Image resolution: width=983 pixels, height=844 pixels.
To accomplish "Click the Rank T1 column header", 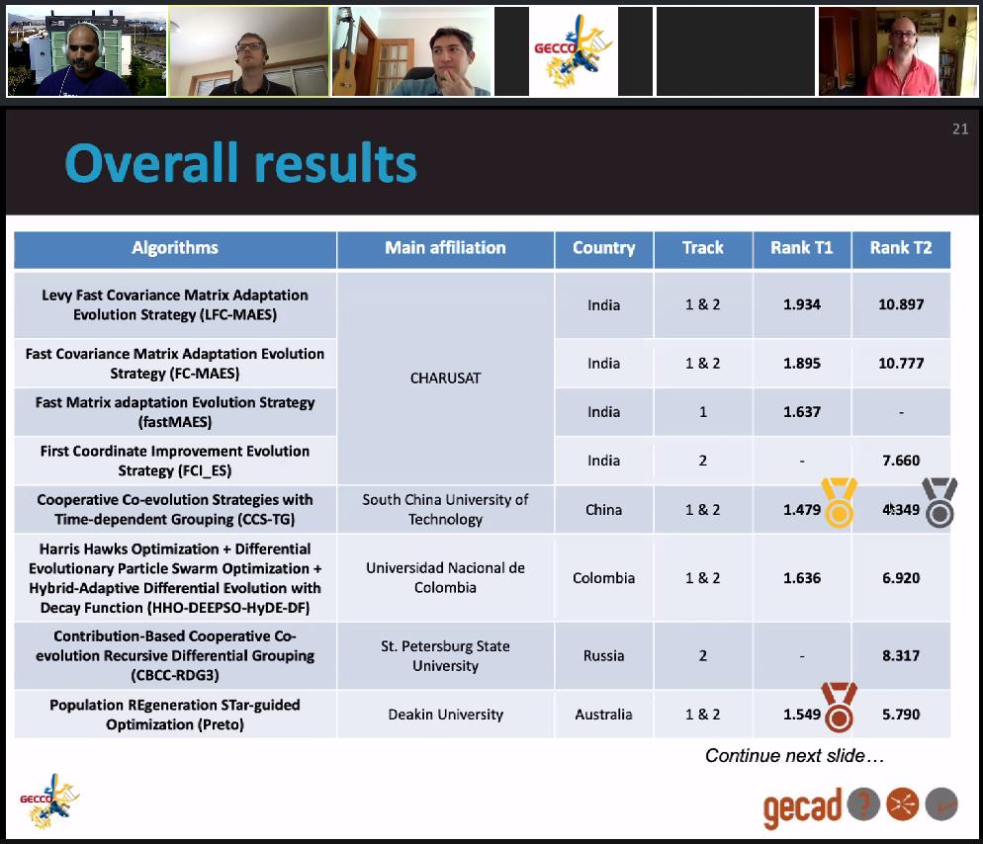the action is (802, 248).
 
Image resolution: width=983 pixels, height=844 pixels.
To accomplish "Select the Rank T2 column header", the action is (901, 248).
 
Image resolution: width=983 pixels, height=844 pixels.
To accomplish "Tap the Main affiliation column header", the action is (445, 248).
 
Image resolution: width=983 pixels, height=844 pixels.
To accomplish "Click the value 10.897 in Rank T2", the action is (901, 304).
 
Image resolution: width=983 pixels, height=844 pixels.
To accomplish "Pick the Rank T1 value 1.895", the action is (802, 364).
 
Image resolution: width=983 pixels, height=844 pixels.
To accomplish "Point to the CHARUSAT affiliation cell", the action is (445, 379).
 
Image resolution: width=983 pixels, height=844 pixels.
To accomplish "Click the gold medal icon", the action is (840, 502).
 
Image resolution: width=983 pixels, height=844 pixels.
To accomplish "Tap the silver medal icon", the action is (939, 502).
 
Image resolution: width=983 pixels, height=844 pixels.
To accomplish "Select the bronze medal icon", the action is (840, 708).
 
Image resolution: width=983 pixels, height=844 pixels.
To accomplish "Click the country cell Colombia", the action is (603, 578).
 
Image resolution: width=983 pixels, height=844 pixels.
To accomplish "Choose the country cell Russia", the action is (603, 656).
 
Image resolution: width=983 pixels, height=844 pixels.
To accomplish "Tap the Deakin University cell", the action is (445, 715).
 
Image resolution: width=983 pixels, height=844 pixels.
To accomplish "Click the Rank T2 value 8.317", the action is (901, 656).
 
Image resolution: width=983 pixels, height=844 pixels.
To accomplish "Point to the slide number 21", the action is (960, 129).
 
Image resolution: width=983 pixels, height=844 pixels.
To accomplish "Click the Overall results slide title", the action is (240, 163).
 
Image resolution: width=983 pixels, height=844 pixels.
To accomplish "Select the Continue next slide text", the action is (794, 756).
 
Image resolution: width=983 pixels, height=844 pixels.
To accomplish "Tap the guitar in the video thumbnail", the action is (345, 60).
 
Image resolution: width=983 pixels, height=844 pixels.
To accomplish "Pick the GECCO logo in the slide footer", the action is (48, 802).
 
